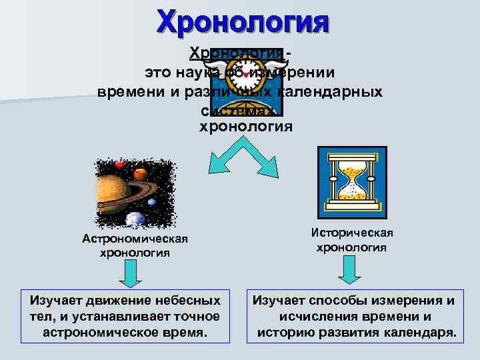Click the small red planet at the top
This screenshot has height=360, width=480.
(x=120, y=164)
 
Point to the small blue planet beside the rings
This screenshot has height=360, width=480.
(x=152, y=202)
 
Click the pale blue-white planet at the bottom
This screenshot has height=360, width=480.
(x=135, y=219)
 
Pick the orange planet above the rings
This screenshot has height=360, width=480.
(x=140, y=175)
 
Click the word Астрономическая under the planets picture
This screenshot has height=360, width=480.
(x=135, y=239)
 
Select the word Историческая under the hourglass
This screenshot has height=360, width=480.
(x=351, y=233)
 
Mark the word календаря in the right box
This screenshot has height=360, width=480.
(x=422, y=332)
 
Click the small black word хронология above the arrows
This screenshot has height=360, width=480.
(x=246, y=126)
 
